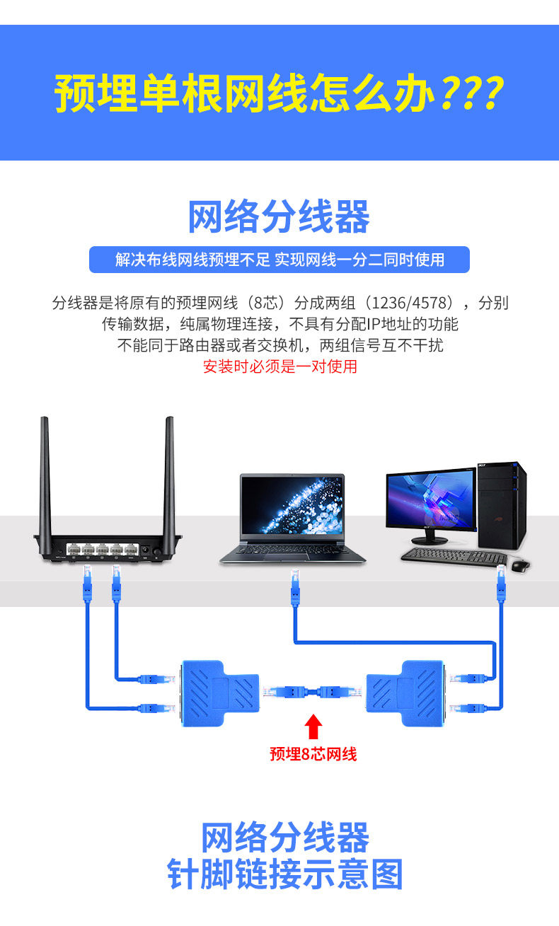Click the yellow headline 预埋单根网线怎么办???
[279, 93]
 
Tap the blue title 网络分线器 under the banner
[279, 217]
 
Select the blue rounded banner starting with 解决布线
[279, 260]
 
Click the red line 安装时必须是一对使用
[279, 366]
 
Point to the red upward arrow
[315, 727]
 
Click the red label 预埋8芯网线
[313, 754]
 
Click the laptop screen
[292, 505]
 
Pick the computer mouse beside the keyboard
[521, 565]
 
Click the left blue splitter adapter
[217, 693]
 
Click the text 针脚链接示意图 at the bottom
[285, 874]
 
